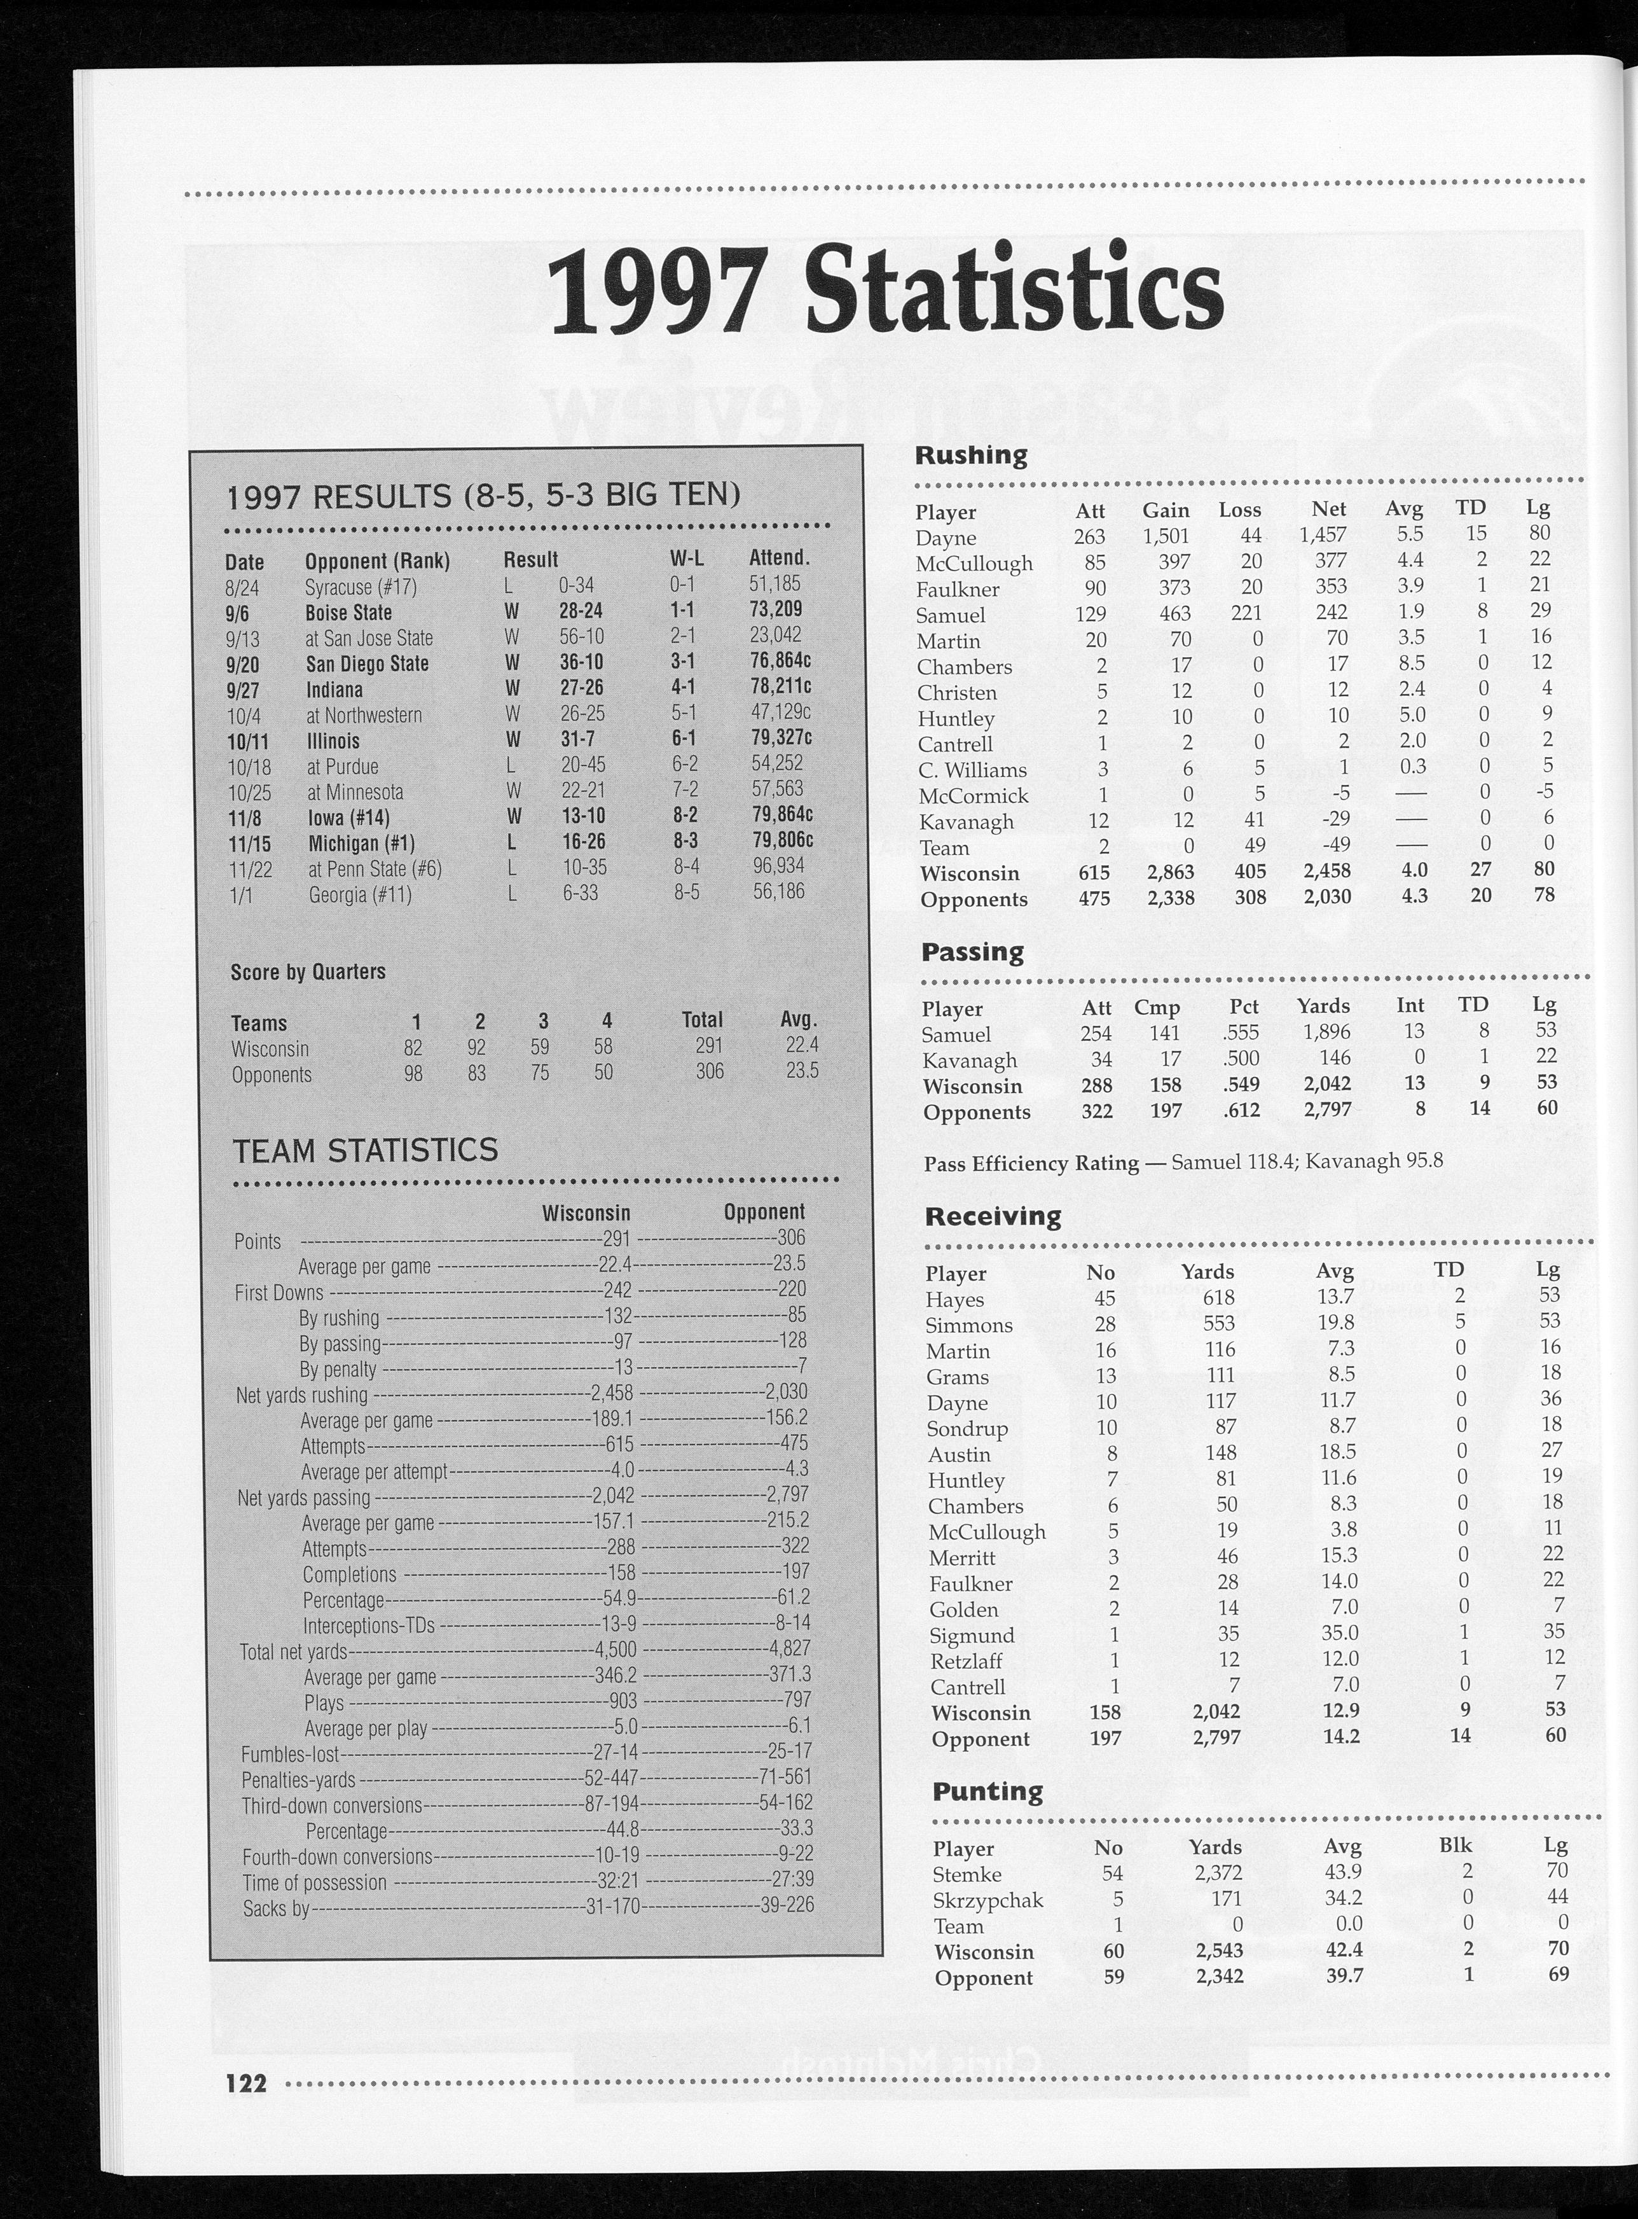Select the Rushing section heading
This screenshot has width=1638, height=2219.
(971, 456)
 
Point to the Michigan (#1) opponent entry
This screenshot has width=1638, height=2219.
(361, 843)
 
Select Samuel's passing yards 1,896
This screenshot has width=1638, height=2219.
(1326, 1033)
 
